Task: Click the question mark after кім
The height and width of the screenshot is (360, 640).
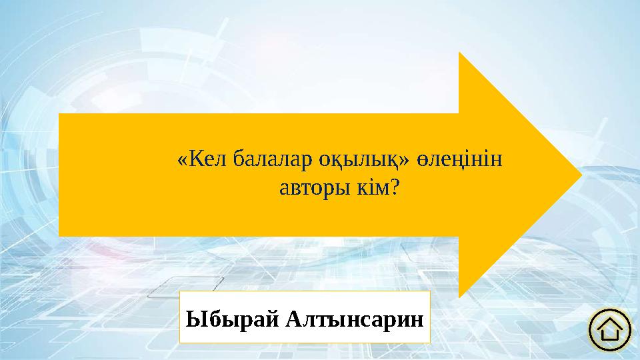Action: click(394, 189)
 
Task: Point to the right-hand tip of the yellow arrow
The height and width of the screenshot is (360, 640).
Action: click(582, 175)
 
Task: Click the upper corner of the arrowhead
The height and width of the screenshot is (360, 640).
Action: click(459, 53)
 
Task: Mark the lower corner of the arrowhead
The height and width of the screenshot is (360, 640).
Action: click(459, 297)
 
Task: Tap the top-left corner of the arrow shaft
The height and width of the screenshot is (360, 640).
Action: click(60, 114)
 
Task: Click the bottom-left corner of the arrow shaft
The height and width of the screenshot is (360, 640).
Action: click(60, 235)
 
